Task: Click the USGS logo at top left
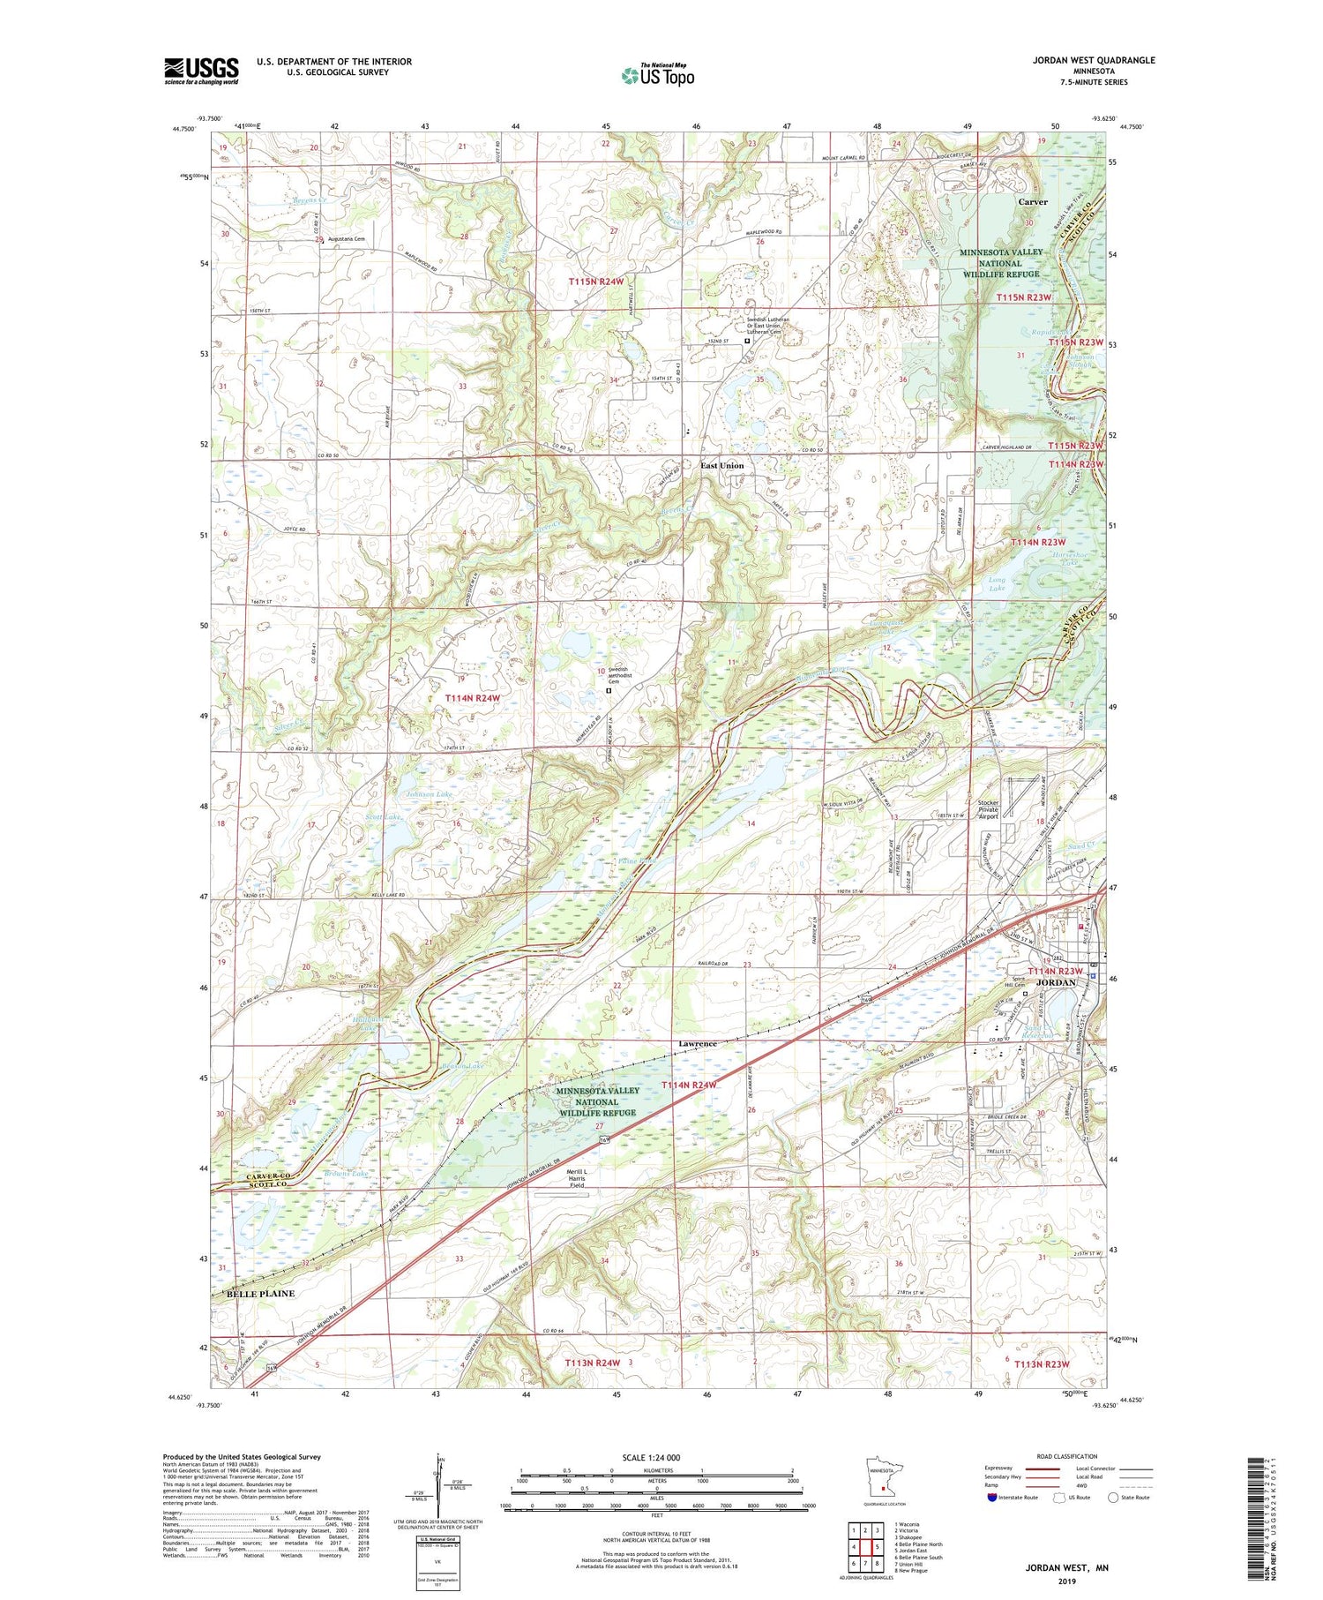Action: pyautogui.click(x=201, y=71)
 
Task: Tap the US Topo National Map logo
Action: pyautogui.click(x=657, y=75)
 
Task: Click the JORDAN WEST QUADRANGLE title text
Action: pyautogui.click(x=1081, y=60)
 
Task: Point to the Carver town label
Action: pyautogui.click(x=1033, y=202)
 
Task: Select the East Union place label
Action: pyautogui.click(x=721, y=465)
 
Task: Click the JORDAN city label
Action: pyautogui.click(x=1056, y=982)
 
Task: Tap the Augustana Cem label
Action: pyautogui.click(x=347, y=239)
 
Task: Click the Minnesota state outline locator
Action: pyautogui.click(x=882, y=1483)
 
